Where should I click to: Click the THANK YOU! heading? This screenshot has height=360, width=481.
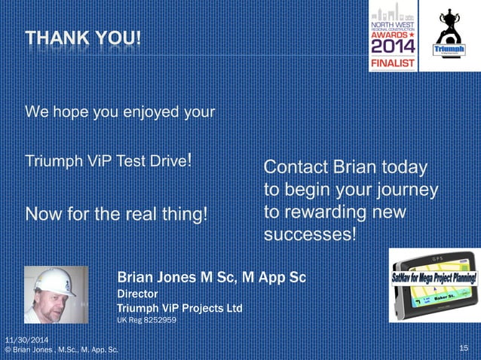coord(83,37)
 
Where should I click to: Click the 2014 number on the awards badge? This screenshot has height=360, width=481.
coord(392,47)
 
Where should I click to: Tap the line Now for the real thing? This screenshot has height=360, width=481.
coord(116,215)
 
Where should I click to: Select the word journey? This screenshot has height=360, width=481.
coord(411,189)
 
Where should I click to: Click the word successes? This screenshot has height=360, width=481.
coord(310,234)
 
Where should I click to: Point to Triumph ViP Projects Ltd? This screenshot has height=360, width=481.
coord(179,308)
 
